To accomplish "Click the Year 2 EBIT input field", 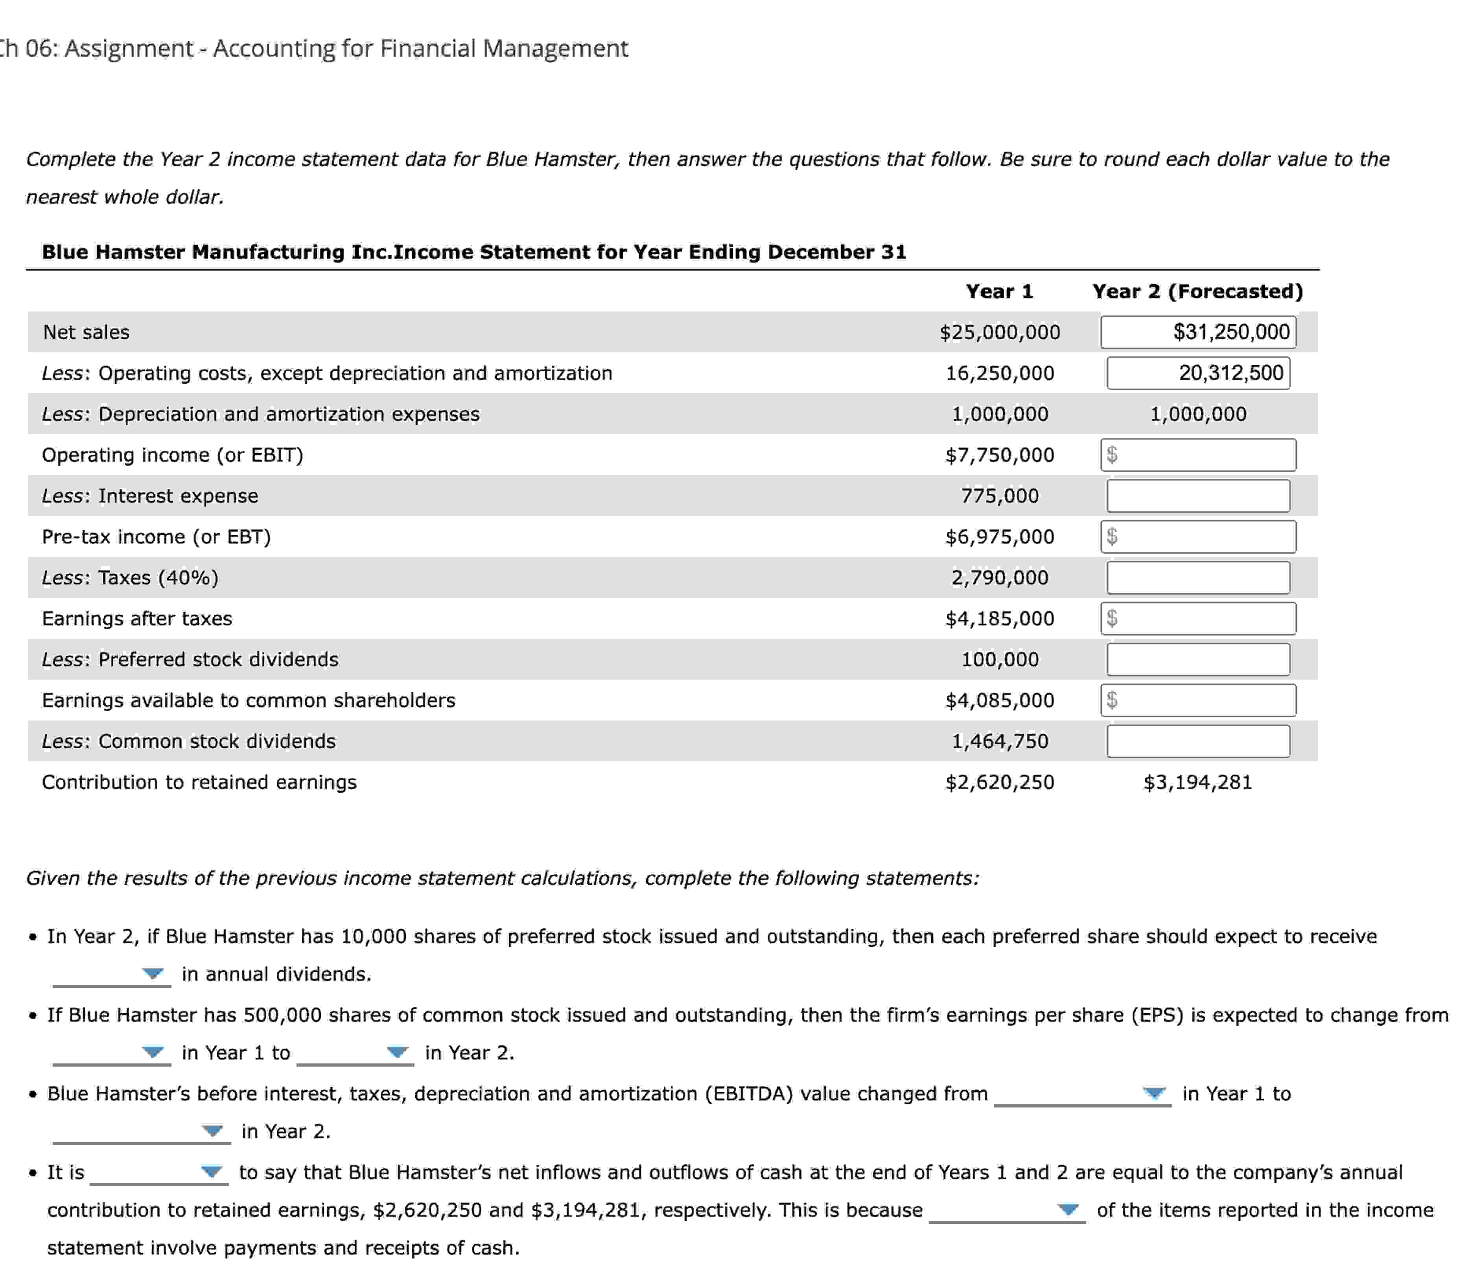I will point(1198,455).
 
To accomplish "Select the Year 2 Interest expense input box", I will point(1198,496).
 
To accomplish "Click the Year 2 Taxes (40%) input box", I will point(1198,578).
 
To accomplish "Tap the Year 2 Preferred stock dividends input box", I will point(1198,660).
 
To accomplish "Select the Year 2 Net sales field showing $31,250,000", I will point(1198,332).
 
